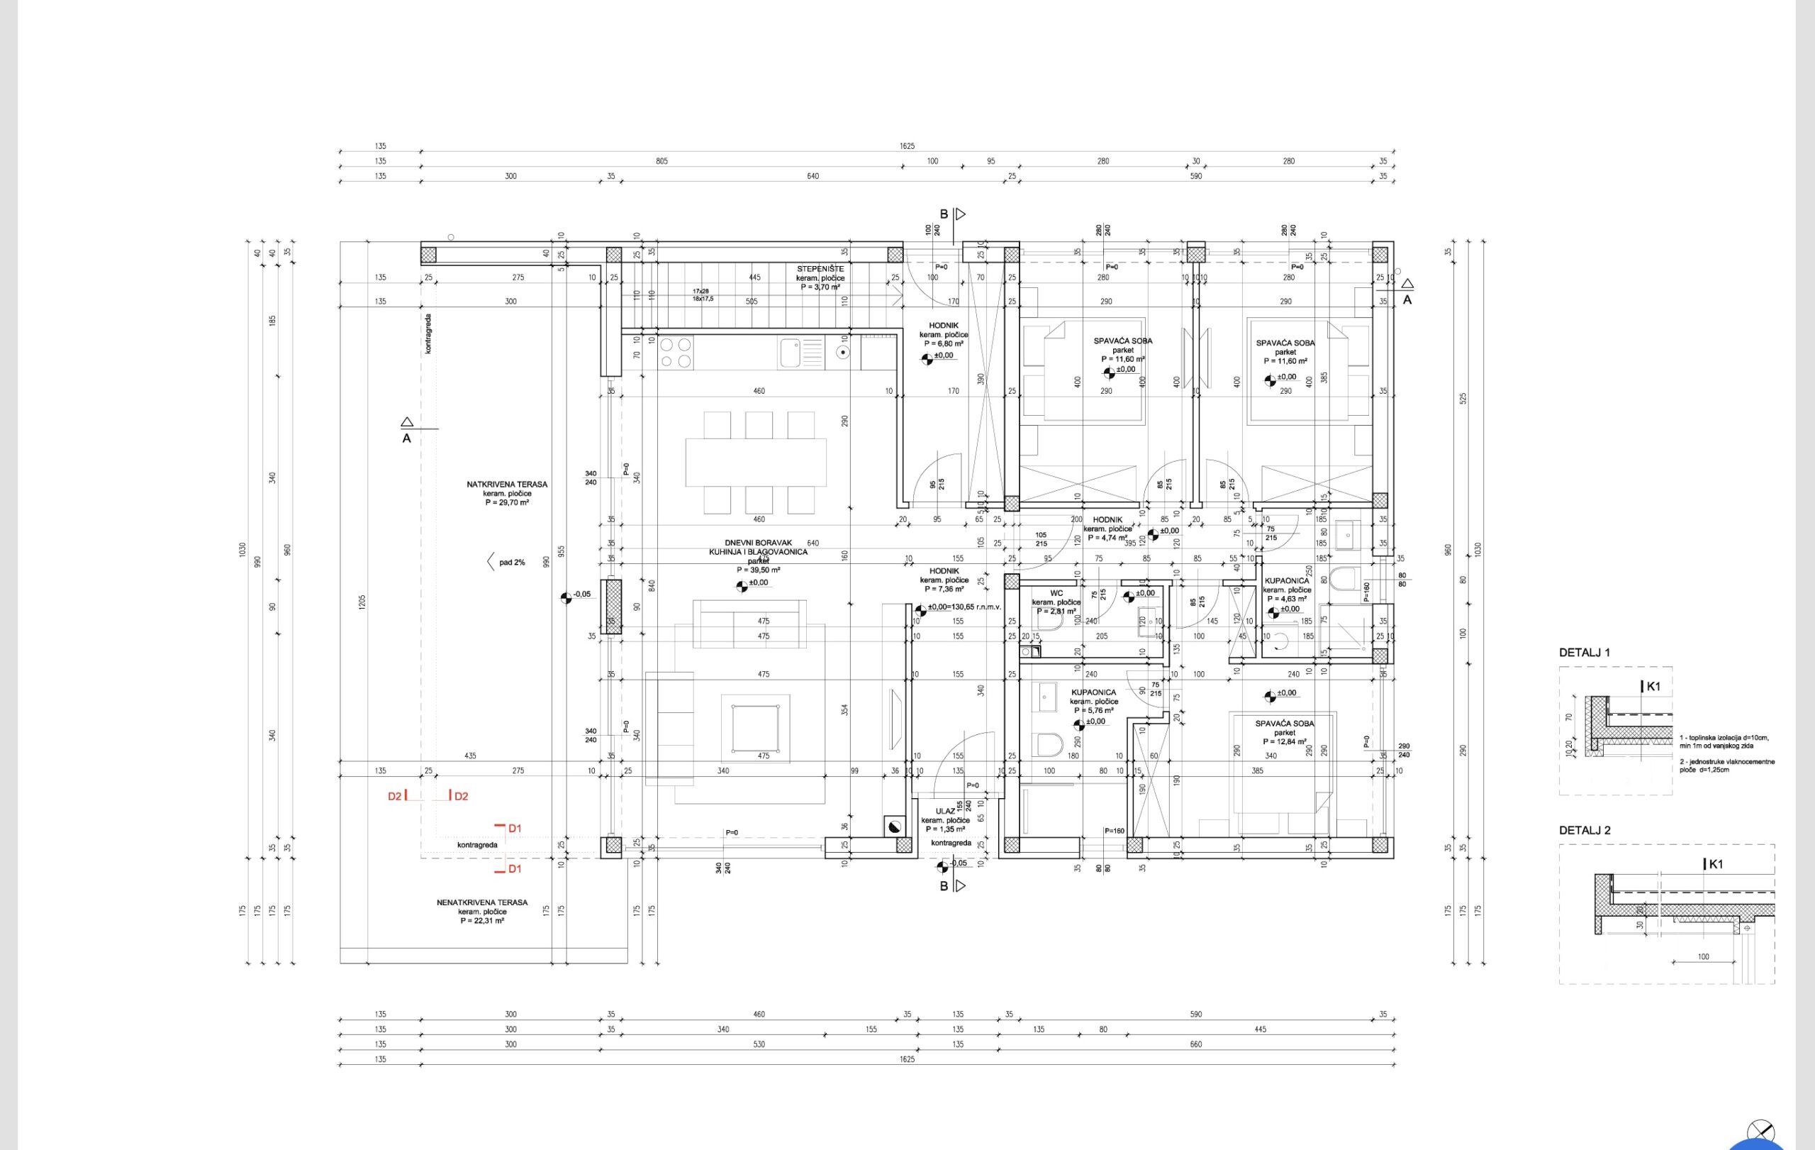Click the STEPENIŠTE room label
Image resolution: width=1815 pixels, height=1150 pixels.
tap(820, 268)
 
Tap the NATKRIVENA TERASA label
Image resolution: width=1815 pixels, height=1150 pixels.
tap(506, 484)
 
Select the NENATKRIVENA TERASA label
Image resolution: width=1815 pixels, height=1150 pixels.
tap(481, 902)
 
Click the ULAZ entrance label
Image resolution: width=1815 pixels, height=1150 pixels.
tap(945, 812)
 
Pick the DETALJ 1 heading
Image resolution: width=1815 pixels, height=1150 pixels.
tap(1584, 652)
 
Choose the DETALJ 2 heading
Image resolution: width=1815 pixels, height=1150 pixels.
tap(1585, 830)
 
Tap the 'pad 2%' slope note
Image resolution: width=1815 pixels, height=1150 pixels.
tap(511, 563)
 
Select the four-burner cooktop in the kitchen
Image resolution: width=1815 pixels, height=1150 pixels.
tap(676, 353)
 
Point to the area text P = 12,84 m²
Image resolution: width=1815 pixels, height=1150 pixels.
tap(1285, 742)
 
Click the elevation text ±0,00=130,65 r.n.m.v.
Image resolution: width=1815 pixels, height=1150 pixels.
tap(964, 607)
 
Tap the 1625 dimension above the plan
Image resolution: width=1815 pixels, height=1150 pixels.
tap(907, 146)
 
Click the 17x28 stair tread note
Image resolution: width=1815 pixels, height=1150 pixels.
tap(701, 291)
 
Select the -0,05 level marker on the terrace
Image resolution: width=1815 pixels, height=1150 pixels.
tap(581, 595)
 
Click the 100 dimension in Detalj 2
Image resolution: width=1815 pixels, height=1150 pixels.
tap(1704, 957)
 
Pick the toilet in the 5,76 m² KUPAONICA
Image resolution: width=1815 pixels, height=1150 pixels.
tap(1049, 745)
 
